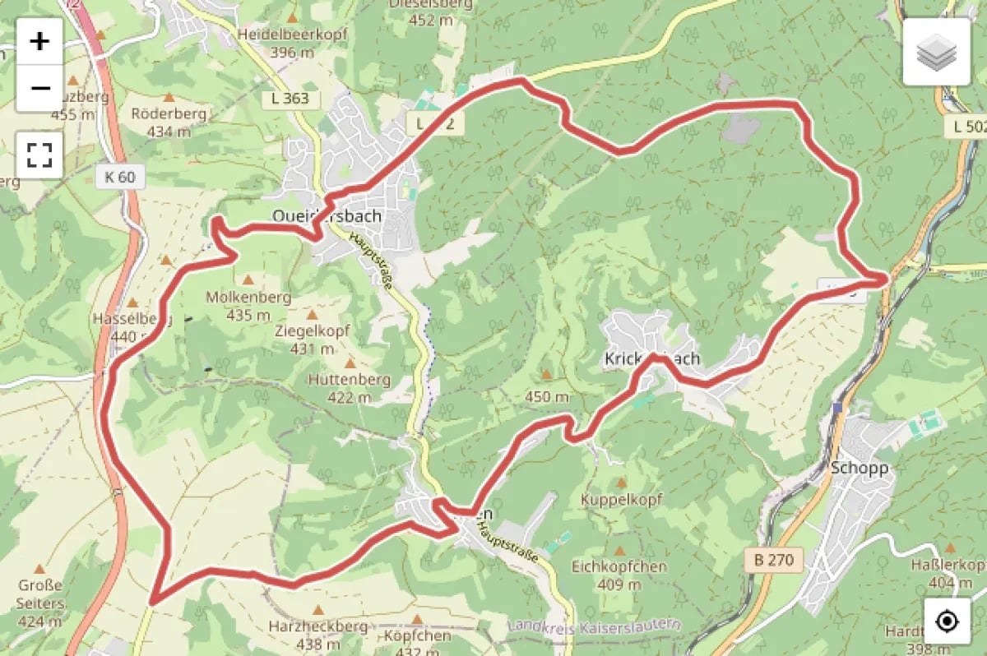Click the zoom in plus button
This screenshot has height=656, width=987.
pyautogui.click(x=39, y=41)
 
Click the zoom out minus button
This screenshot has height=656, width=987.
pyautogui.click(x=39, y=88)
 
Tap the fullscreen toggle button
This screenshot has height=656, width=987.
pyautogui.click(x=39, y=155)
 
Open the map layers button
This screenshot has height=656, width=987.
pyautogui.click(x=936, y=52)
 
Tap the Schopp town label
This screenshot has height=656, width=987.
pyautogui.click(x=860, y=468)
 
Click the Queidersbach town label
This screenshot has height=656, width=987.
pyautogui.click(x=327, y=216)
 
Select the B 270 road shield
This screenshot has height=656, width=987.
pyautogui.click(x=772, y=560)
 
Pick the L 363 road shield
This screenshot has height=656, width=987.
pyautogui.click(x=290, y=99)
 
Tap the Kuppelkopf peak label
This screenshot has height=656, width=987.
pyautogui.click(x=621, y=499)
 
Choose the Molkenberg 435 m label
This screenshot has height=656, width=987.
pyautogui.click(x=249, y=305)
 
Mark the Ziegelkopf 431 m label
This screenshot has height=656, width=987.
pyautogui.click(x=313, y=339)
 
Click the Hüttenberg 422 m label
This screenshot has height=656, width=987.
pyautogui.click(x=350, y=388)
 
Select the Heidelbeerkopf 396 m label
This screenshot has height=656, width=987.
pyautogui.click(x=292, y=43)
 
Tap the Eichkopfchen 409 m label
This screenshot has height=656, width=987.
pyautogui.click(x=619, y=575)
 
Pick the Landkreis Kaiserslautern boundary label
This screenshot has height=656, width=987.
pyautogui.click(x=595, y=625)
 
